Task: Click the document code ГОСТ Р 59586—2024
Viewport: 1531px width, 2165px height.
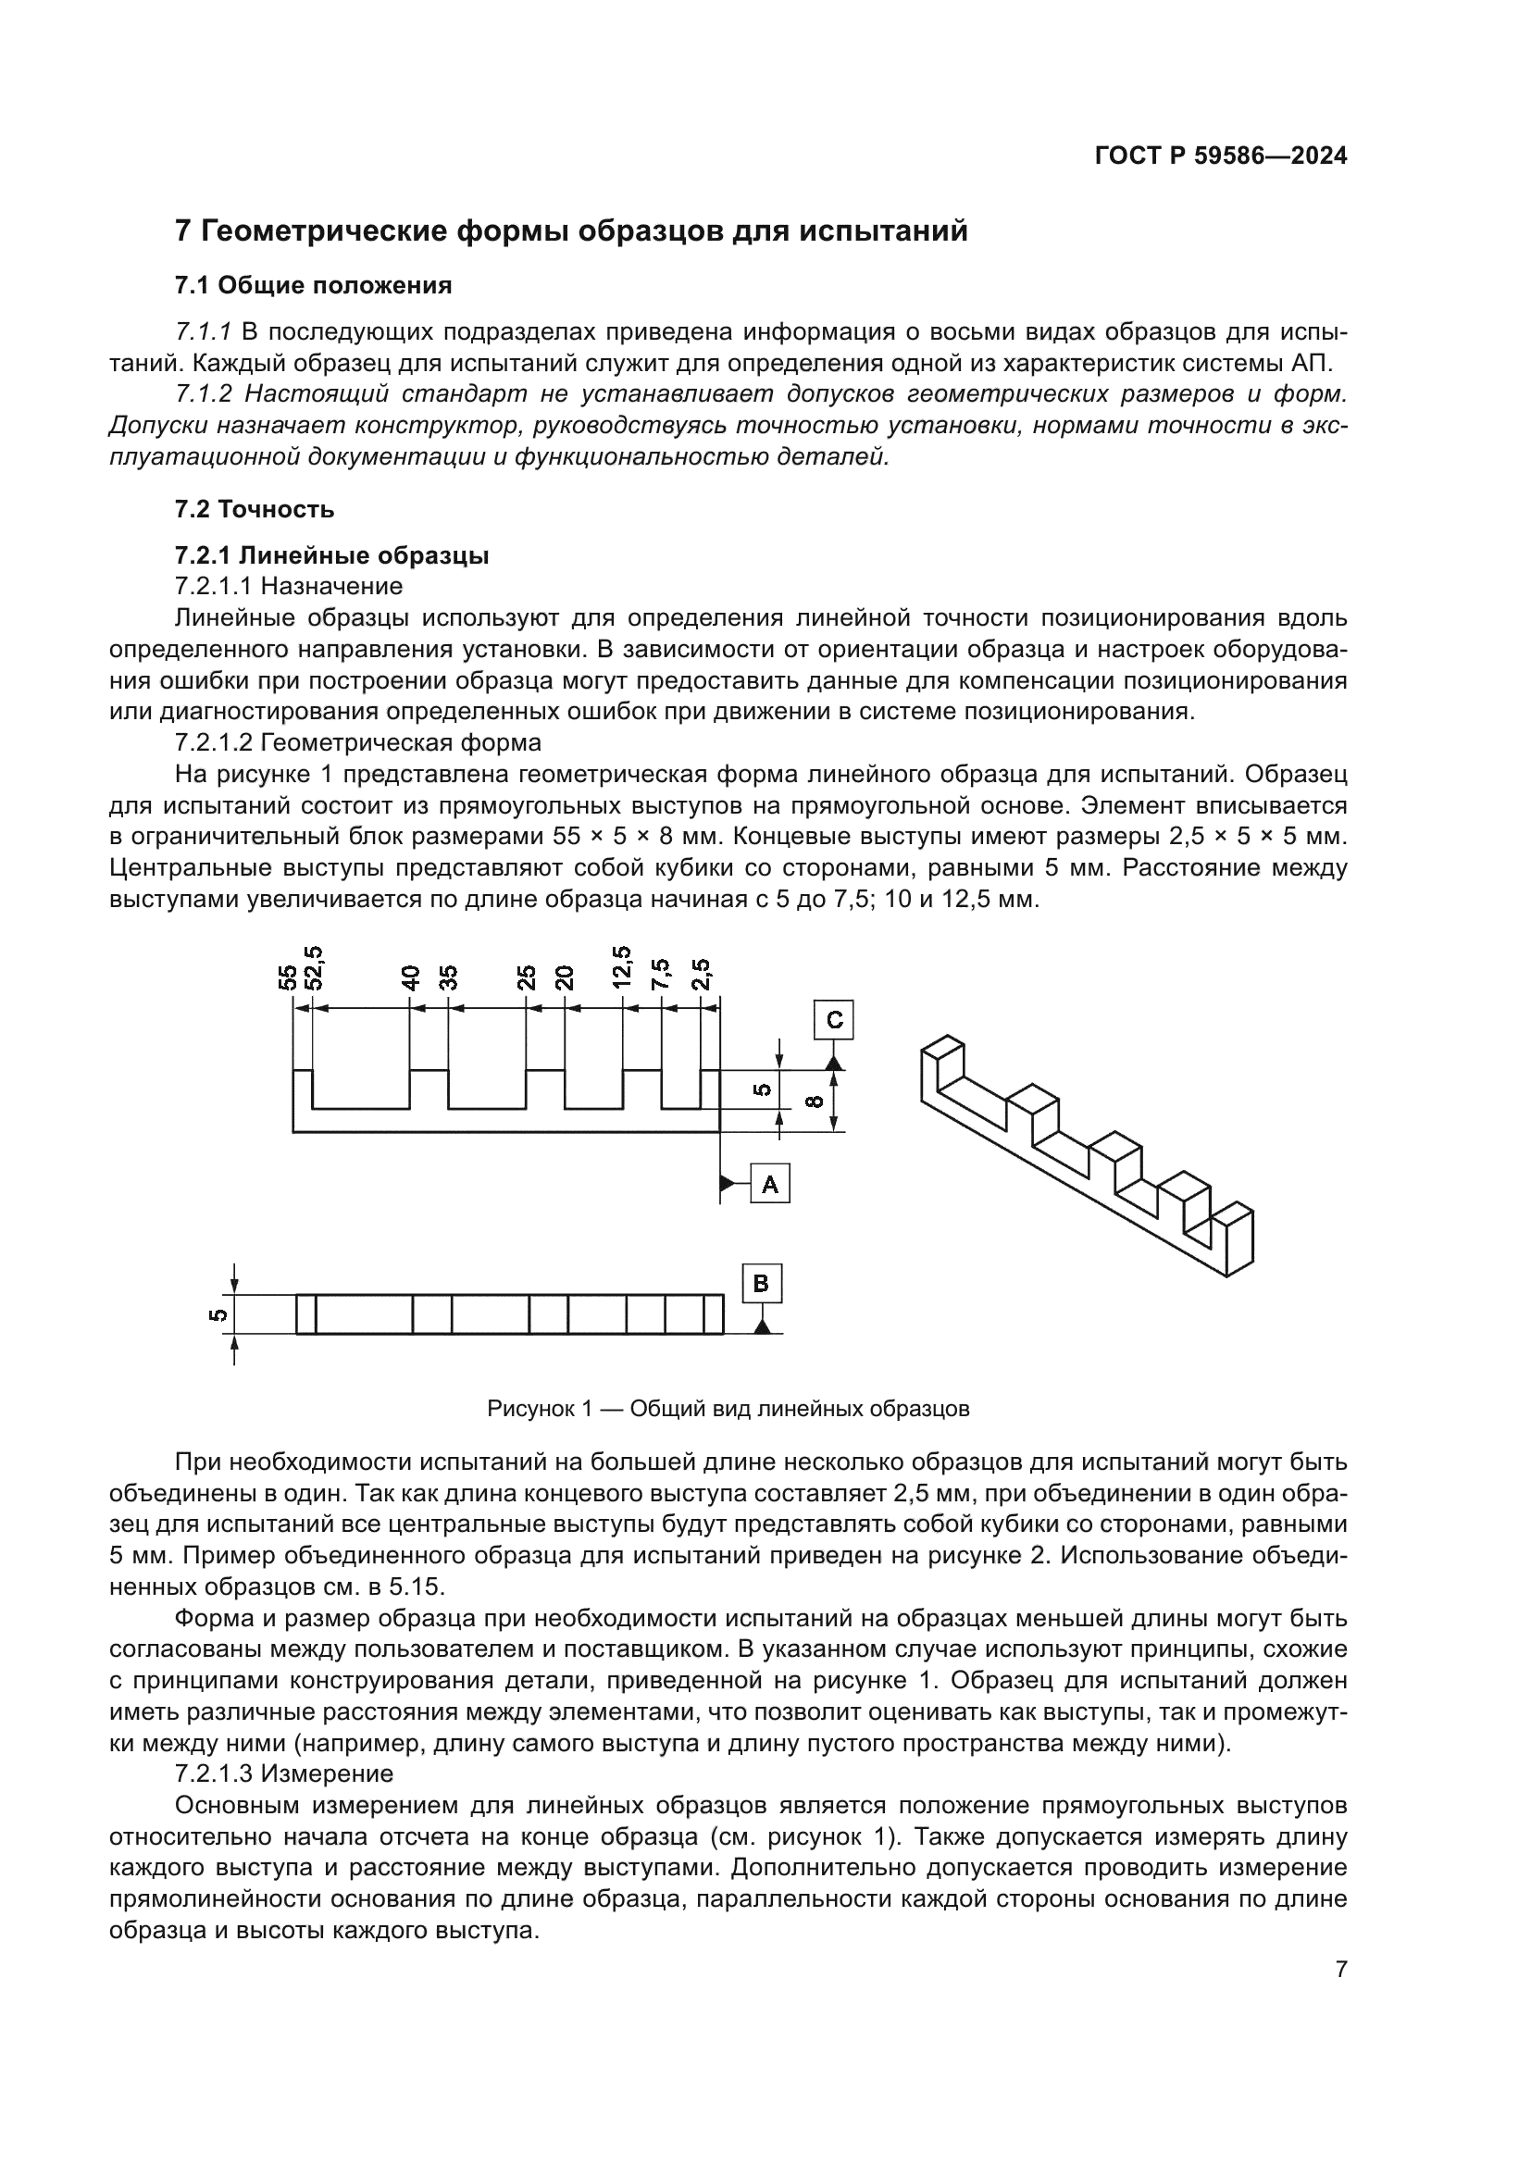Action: [1221, 156]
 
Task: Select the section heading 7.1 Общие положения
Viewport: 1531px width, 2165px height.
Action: [313, 285]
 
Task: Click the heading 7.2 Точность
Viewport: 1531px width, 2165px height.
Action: [255, 509]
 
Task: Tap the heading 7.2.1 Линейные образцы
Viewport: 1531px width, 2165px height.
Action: [332, 555]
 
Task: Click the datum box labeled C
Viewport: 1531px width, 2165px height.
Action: [833, 1020]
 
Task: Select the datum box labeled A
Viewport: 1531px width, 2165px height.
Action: [769, 1184]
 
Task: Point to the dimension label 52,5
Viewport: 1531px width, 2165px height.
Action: [314, 967]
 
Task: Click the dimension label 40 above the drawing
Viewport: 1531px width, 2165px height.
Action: [410, 977]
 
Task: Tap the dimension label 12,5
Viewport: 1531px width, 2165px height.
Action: [622, 967]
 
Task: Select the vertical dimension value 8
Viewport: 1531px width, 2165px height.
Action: [816, 1101]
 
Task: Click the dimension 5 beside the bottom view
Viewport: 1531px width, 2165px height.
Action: [218, 1314]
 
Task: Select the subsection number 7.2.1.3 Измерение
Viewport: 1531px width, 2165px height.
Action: [284, 1773]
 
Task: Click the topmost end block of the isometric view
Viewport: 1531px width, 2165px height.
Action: [942, 1056]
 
